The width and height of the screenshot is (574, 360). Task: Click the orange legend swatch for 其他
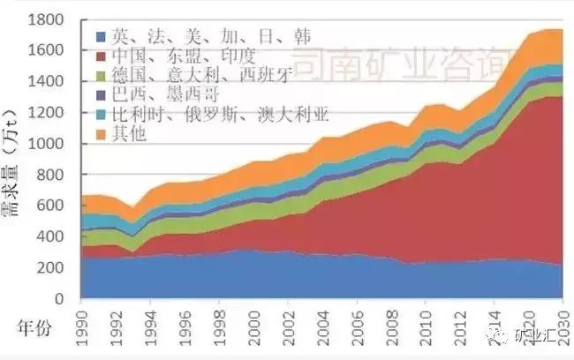[x=99, y=135]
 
